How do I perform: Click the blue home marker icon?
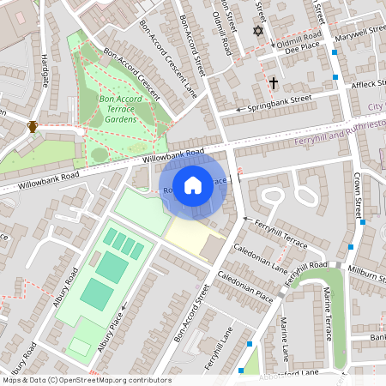193,185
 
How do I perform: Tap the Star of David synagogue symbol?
256,31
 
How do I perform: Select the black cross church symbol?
274,83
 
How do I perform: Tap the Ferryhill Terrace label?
275,232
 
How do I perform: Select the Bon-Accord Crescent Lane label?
180,64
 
